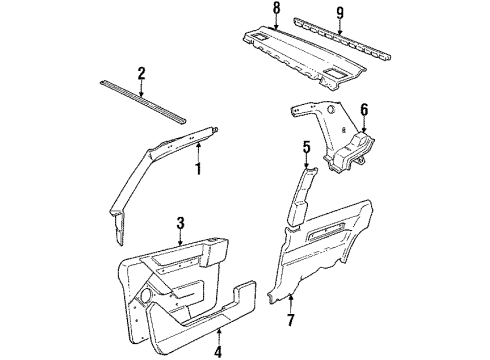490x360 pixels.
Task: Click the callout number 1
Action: point(198,169)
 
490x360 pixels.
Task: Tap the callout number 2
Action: point(142,72)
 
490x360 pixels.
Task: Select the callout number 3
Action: point(180,223)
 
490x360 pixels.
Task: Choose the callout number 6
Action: point(364,110)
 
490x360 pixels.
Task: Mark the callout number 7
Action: point(291,322)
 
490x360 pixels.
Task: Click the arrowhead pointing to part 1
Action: point(198,149)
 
